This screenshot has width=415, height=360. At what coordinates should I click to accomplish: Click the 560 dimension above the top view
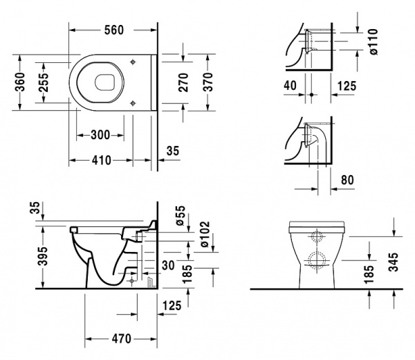pyautogui.click(x=114, y=30)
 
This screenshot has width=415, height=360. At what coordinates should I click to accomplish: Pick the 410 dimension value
pyautogui.click(x=100, y=160)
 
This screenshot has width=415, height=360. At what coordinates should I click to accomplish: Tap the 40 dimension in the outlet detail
pyautogui.click(x=292, y=85)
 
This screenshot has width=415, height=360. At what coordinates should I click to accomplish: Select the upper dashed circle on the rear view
pyautogui.click(x=319, y=236)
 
